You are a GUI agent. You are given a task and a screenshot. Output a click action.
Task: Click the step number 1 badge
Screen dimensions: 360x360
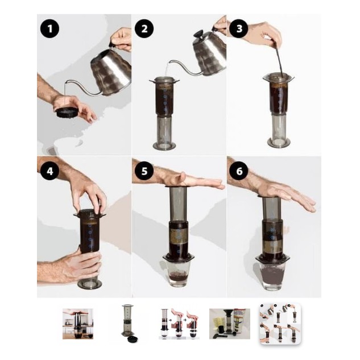(50, 29)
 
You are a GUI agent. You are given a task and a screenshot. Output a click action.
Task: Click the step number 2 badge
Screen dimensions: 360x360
(144, 29)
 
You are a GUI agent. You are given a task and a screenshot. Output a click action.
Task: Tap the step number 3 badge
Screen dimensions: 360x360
(239, 28)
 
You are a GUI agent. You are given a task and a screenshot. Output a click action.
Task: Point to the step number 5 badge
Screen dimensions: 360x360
(144, 171)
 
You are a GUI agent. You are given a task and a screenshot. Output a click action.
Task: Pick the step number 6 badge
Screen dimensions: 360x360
(239, 171)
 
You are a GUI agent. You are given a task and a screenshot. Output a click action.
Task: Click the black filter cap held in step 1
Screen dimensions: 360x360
(67, 113)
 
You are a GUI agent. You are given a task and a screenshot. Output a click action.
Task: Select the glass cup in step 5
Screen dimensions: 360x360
(179, 274)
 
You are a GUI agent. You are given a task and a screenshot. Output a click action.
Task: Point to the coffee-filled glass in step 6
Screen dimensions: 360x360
(272, 276)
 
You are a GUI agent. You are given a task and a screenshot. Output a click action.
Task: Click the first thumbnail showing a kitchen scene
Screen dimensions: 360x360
(78, 324)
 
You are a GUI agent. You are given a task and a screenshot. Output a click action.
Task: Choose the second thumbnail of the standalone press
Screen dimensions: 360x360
(128, 324)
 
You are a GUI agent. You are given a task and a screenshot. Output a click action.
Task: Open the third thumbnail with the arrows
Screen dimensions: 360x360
(179, 324)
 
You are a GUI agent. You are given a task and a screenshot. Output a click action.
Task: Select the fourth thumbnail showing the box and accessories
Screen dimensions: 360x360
(230, 324)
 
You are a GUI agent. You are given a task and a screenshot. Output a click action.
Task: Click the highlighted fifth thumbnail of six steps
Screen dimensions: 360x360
(280, 324)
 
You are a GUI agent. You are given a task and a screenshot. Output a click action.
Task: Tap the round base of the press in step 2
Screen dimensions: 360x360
(164, 146)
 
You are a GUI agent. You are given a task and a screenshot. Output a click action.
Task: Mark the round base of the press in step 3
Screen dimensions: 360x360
(279, 142)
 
